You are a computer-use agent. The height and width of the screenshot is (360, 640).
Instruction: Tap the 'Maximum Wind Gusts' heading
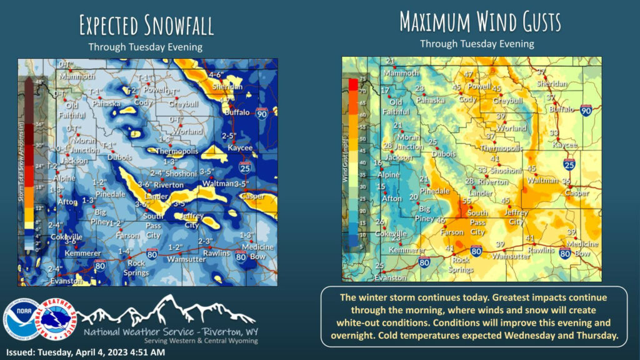coord(480,22)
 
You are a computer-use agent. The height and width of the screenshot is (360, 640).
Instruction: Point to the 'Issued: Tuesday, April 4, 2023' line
coord(85,352)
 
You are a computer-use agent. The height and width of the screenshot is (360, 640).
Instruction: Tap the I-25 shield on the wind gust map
coord(569,164)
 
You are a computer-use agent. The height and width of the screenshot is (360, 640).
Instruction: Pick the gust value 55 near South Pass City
coord(466,201)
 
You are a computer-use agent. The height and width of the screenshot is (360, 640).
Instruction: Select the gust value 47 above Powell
coord(468,75)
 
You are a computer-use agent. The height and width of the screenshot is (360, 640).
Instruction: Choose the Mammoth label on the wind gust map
coord(401,72)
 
